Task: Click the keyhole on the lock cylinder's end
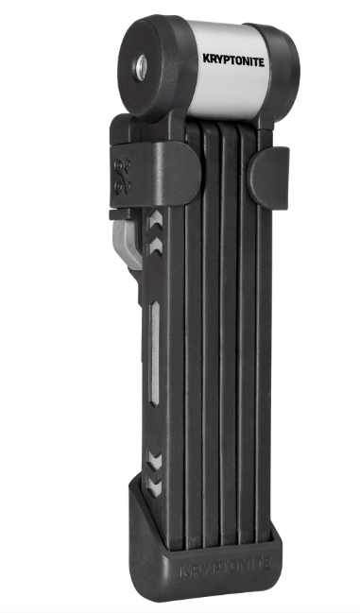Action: click(x=140, y=69)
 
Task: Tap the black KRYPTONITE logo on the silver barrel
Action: click(x=233, y=60)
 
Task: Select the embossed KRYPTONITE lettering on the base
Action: click(x=225, y=566)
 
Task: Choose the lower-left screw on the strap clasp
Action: click(x=118, y=189)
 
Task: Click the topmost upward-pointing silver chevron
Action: click(x=154, y=218)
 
